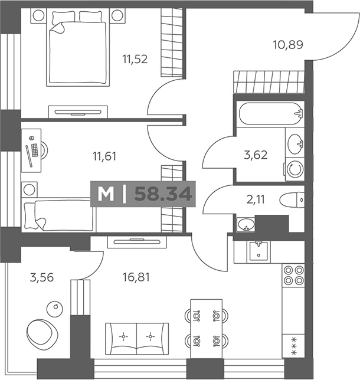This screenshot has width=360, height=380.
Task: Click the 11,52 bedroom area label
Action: pyautogui.click(x=135, y=59)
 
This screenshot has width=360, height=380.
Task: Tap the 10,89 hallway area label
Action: pyautogui.click(x=288, y=45)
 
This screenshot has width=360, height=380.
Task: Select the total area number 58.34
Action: pyautogui.click(x=163, y=194)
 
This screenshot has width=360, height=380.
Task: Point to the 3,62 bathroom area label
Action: pyautogui.click(x=256, y=155)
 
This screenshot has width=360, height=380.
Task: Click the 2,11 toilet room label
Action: pyautogui.click(x=256, y=199)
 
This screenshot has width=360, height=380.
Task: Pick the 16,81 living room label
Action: pyautogui.click(x=137, y=277)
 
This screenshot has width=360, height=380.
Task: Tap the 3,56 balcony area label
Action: pyautogui.click(x=42, y=277)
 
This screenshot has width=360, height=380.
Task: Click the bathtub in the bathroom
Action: pyautogui.click(x=270, y=114)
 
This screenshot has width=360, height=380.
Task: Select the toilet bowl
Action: pyautogui.click(x=292, y=200)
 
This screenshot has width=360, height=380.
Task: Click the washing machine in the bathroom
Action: pyautogui.click(x=294, y=169)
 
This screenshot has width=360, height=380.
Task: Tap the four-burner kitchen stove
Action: pyautogui.click(x=293, y=275)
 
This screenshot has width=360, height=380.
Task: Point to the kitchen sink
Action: pyautogui.click(x=258, y=251)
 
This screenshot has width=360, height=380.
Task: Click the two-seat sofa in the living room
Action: pyautogui.click(x=137, y=339)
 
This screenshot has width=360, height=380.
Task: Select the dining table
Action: pyautogui.click(x=207, y=329)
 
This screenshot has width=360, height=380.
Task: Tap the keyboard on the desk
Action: pyautogui.click(x=35, y=150)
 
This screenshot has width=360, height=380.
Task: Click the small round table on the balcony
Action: pyautogui.click(x=55, y=308)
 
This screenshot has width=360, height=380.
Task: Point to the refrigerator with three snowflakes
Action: pyautogui.click(x=293, y=346)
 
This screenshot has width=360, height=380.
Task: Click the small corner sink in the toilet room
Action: pyautogui.click(x=246, y=225)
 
